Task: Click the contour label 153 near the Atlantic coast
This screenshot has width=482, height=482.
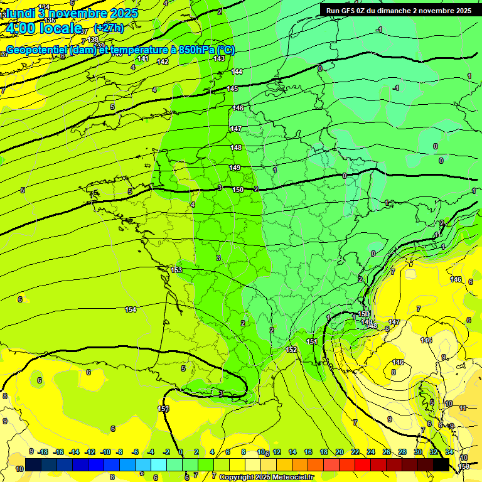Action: pos(176,270)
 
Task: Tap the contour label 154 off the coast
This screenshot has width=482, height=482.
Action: pos(131,309)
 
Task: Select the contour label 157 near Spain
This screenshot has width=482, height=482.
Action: pos(163,409)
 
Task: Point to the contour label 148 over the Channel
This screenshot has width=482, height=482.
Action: pos(236,148)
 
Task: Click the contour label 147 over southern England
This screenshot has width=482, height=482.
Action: pos(236,129)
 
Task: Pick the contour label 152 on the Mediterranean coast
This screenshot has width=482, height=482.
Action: pos(291,350)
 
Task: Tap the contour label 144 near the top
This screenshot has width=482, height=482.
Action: pos(237,72)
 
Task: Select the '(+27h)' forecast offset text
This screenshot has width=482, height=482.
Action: pos(109,28)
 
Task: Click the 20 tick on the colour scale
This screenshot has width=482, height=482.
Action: pos(340,452)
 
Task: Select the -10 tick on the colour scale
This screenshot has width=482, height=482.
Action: pos(105,452)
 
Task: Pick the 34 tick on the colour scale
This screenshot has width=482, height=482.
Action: pos(449,452)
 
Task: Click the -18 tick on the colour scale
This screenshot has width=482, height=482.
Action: pos(43,452)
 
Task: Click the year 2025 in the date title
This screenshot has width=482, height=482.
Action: pos(128,12)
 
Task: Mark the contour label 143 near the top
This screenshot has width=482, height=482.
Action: pos(219,58)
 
